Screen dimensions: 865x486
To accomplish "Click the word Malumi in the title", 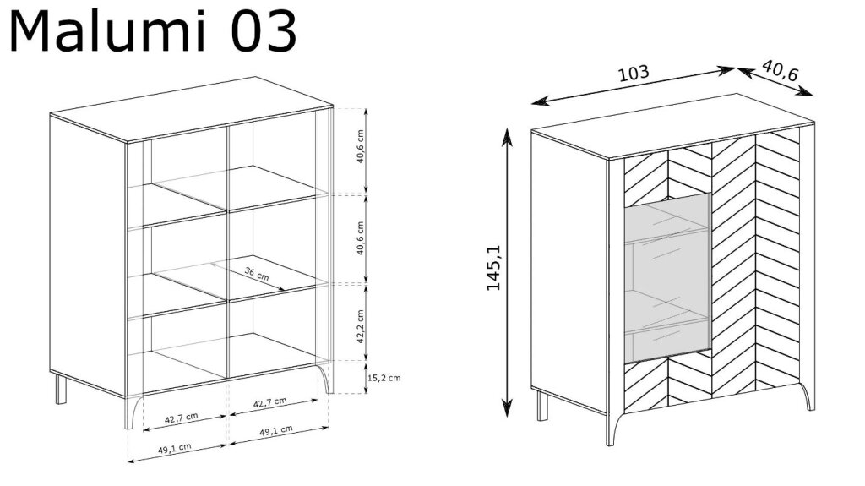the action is point(107,31).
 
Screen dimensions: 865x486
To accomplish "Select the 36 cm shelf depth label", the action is point(257,273).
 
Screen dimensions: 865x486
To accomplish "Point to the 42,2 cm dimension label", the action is point(360,326).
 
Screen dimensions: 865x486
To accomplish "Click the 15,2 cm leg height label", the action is point(384,378).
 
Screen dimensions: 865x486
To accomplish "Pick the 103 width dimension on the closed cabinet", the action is point(634,73).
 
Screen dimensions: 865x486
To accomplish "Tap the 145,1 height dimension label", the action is point(493,268).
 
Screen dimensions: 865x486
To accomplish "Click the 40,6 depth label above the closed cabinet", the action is point(780,69).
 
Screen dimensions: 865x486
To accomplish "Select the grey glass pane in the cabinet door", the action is point(667,278).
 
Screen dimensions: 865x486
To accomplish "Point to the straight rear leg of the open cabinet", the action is point(61,390).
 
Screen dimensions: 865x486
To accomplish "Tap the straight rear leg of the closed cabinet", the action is point(543,406).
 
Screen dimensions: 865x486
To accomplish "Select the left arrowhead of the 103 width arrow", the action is point(538,101).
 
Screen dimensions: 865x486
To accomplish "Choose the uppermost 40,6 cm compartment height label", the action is point(360,146).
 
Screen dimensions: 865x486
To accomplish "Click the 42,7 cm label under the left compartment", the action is point(181,418).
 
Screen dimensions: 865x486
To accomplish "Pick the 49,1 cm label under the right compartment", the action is point(276,431).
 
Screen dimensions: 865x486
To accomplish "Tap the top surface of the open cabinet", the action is point(192,109).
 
